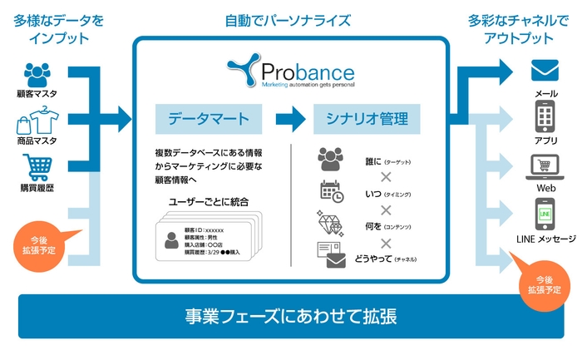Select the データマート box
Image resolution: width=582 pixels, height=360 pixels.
(x=208, y=119)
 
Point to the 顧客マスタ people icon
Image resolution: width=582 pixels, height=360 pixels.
(x=36, y=73)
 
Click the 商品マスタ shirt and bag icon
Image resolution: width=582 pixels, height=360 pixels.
(x=35, y=121)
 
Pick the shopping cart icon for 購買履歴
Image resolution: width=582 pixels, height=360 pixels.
(x=36, y=168)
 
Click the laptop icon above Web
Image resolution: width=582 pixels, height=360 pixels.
(x=545, y=164)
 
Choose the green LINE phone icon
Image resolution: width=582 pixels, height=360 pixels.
(x=545, y=215)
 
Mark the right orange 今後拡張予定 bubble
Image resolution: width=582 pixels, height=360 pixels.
(x=544, y=284)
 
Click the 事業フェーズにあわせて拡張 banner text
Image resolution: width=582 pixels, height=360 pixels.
(x=291, y=316)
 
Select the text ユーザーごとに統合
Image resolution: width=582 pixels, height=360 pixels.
(x=210, y=202)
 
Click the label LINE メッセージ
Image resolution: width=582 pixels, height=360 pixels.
(x=545, y=239)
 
